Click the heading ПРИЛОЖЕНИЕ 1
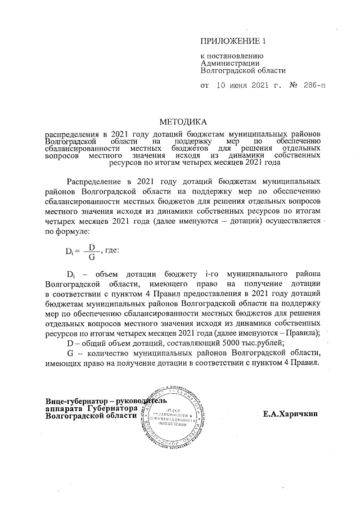[x=232, y=42]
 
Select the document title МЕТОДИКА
[x=183, y=121]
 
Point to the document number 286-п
[x=313, y=85]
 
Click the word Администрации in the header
[x=227, y=64]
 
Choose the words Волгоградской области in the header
[x=243, y=71]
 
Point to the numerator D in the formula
[x=92, y=247]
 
